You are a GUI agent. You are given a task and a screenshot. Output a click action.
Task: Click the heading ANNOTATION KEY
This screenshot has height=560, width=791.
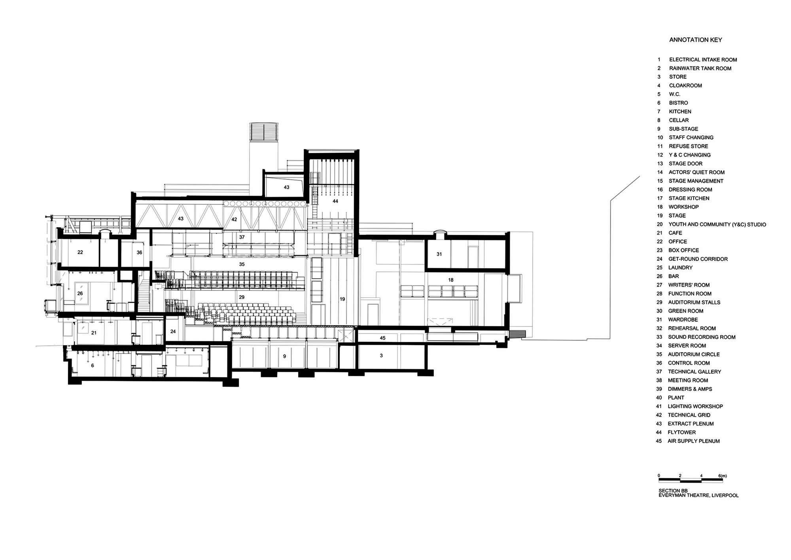tap(695, 40)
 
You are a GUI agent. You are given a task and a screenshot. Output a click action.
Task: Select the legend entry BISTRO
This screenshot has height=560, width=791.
tap(678, 103)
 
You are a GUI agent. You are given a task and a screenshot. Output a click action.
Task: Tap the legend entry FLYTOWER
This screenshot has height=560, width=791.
tap(681, 433)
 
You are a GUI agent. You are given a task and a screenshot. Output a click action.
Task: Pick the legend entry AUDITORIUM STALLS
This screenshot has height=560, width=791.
tap(694, 302)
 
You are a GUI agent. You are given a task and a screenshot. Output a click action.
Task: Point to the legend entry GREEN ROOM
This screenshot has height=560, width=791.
tap(685, 311)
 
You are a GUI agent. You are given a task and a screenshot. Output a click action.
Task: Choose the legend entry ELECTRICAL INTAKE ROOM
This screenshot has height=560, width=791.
tap(703, 60)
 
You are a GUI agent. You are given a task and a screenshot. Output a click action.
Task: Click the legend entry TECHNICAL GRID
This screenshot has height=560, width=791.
tap(689, 415)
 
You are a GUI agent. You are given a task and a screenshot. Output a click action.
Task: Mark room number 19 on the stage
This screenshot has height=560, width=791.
tap(343, 299)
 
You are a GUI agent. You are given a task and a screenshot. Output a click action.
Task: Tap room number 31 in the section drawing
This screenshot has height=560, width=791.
tap(439, 254)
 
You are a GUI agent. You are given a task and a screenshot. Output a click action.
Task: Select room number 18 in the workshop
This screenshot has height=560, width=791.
tap(451, 280)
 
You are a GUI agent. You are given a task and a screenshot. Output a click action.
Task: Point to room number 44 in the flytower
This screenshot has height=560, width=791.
tap(335, 201)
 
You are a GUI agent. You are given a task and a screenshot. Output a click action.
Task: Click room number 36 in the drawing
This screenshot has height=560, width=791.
tap(139, 252)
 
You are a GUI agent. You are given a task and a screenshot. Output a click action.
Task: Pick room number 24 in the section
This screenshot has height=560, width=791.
tap(173, 331)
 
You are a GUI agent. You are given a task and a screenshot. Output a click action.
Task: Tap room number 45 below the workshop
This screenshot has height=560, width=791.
tap(382, 338)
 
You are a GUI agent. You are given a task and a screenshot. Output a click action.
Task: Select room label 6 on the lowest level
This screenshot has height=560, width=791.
tap(93, 366)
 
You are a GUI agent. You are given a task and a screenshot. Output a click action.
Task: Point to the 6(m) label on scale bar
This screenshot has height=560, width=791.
tap(723, 476)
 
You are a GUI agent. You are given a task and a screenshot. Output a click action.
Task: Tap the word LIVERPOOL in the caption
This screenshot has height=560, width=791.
tap(725, 495)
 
